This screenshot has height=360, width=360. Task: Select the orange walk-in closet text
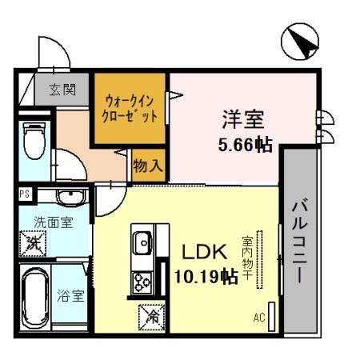pos(130,109)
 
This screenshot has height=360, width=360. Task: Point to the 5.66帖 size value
pos(243,146)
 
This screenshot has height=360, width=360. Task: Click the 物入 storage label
pos(150,166)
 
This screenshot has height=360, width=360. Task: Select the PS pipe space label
pos(24,194)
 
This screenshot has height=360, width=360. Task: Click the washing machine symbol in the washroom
pos(33,241)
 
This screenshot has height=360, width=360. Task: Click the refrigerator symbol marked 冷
pos(150,317)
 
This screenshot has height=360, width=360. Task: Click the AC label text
pos(258,318)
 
